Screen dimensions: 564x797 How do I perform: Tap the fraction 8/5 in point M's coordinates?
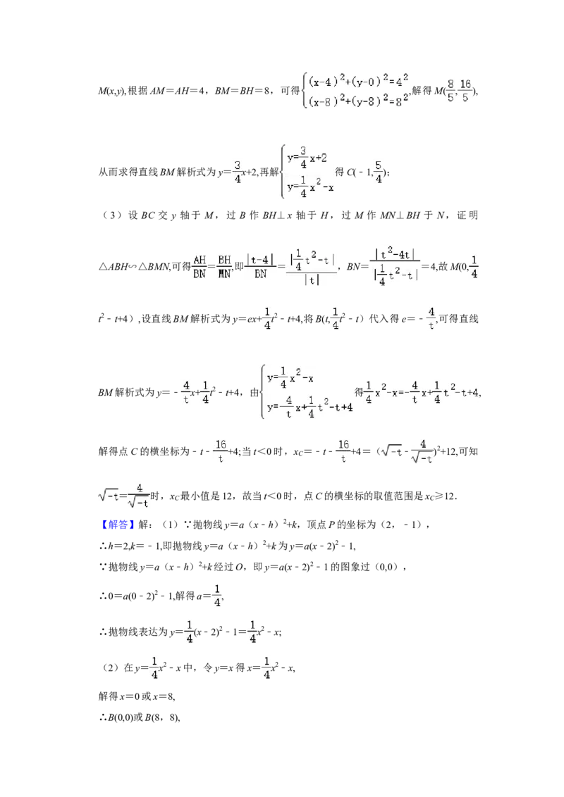coord(450,91)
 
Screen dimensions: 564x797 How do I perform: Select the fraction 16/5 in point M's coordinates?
coord(465,91)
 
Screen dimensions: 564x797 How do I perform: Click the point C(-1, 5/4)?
coord(367,172)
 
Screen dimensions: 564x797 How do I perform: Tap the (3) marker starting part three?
coord(111,215)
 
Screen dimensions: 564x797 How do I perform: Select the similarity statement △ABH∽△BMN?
coord(133,266)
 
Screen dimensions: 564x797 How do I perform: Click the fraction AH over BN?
coord(200,266)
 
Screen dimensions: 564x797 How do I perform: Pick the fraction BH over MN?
coord(224,266)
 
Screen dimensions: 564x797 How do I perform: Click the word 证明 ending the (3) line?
coord(467,215)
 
